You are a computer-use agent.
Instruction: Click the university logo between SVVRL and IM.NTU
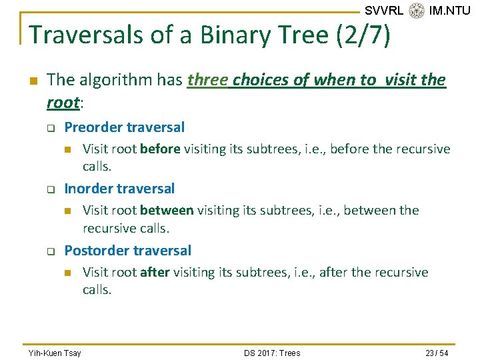coord(417,11)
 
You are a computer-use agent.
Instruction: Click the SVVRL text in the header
coord(383,11)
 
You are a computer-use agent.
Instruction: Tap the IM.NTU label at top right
coord(449,11)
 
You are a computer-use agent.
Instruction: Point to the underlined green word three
coord(207,80)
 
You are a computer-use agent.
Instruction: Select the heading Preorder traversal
coord(124,127)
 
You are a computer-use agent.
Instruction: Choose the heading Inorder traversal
coord(119,189)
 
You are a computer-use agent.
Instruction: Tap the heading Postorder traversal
coord(127,251)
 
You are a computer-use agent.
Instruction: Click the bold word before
coord(160,149)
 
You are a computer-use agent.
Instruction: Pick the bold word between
coord(167,211)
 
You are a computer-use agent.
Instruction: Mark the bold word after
coord(155,272)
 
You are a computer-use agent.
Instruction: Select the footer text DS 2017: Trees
coord(271,353)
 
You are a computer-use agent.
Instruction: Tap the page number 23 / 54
coord(435,353)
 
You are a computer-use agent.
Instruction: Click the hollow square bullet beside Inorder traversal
coord(49,190)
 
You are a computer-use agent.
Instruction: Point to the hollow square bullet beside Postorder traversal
coord(49,252)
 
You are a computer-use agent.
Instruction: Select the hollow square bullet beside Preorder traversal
coord(49,129)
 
